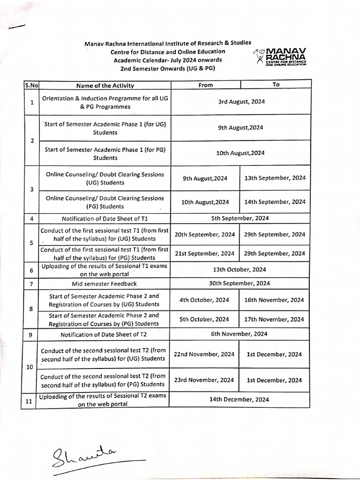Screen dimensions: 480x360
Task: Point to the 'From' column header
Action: (x=205, y=85)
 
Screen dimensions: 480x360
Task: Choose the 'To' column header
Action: (x=276, y=84)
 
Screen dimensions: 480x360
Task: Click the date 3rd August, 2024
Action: (x=241, y=101)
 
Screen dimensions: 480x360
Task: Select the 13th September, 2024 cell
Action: (x=275, y=178)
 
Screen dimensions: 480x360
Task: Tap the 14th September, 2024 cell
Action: (x=275, y=202)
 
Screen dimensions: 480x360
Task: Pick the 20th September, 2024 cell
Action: (x=205, y=234)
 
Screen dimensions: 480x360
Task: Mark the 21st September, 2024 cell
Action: (x=205, y=254)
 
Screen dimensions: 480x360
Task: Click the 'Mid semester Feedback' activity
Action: (x=104, y=284)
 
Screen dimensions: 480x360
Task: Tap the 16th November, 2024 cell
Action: (x=274, y=300)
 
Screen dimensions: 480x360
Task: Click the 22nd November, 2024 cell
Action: (x=204, y=355)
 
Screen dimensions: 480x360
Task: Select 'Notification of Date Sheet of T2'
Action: (x=104, y=334)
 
